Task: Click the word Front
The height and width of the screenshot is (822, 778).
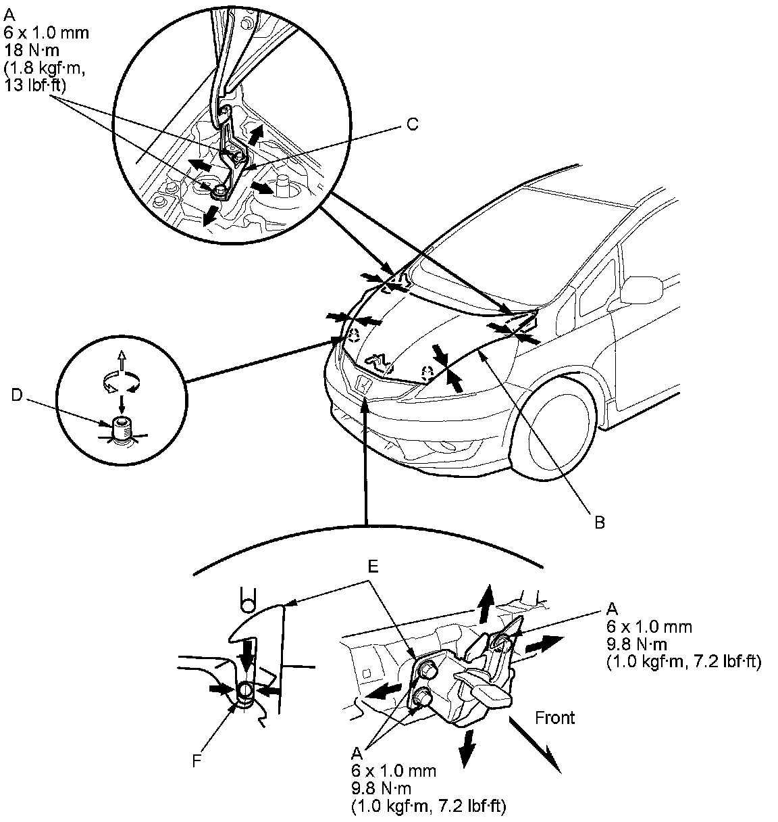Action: pos(554,717)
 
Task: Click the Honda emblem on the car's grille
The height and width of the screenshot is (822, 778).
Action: pos(363,385)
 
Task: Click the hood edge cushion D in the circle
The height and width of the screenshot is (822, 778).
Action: pos(122,429)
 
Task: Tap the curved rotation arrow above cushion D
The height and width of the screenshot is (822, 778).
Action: pos(120,383)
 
